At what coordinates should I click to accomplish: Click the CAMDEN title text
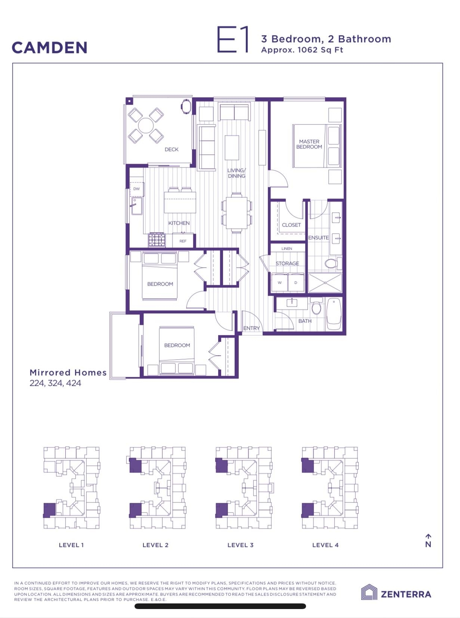click(x=49, y=47)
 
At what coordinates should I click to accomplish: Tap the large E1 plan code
click(x=232, y=39)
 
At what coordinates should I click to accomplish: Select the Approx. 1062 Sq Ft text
click(x=302, y=50)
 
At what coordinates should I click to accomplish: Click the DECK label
click(x=172, y=149)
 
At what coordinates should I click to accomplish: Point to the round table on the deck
click(x=146, y=126)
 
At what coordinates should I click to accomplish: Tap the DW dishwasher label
click(x=136, y=189)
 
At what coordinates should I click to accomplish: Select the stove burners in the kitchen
click(x=157, y=240)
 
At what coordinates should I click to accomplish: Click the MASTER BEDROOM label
click(x=309, y=144)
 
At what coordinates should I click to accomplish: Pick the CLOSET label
click(x=291, y=225)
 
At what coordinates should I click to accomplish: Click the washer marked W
click(x=280, y=282)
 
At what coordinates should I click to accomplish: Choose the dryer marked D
click(x=296, y=282)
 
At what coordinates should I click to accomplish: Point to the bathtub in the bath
click(x=334, y=314)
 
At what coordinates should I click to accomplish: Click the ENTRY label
click(x=251, y=328)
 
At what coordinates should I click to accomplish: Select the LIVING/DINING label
click(x=237, y=173)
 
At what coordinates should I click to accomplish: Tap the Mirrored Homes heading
click(x=68, y=372)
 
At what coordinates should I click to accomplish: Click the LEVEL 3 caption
click(x=240, y=545)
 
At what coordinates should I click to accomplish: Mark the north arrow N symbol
click(x=428, y=541)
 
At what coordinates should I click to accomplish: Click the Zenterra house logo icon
click(x=369, y=592)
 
